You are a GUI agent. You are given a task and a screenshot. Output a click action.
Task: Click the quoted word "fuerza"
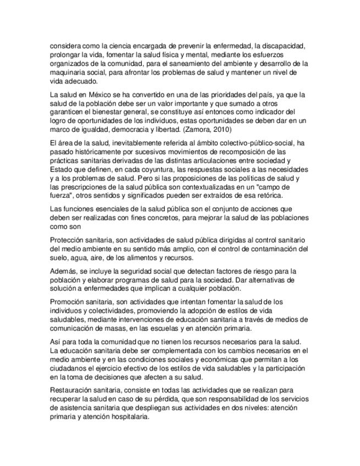[61, 196]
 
